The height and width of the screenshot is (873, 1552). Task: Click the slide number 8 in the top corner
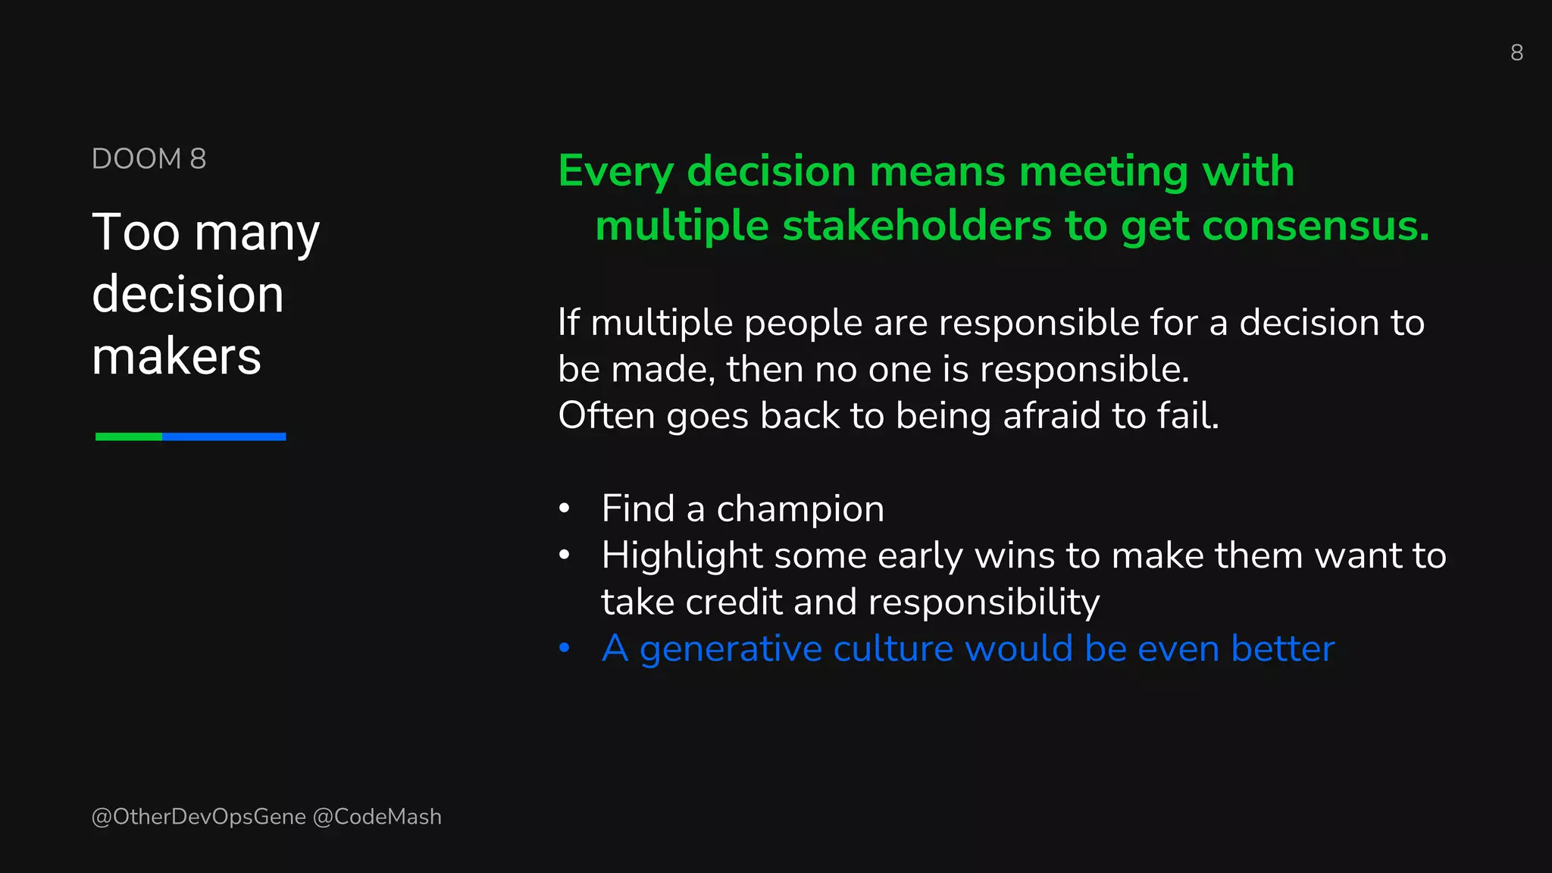[x=1516, y=52]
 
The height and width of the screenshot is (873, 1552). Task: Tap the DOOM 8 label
[x=149, y=159]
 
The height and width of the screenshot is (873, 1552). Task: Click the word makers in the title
[x=177, y=356]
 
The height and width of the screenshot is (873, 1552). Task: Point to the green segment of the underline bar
[x=128, y=436]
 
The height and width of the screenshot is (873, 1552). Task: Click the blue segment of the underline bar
[x=224, y=436]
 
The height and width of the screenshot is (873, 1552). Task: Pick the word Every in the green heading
[x=615, y=171]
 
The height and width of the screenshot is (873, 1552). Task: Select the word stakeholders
[x=917, y=226]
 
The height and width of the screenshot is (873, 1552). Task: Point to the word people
[x=803, y=324]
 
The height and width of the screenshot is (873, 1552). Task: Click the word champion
[x=800, y=509]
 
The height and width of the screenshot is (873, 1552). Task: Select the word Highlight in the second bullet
[x=681, y=556]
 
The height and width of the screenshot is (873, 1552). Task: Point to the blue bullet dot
[x=564, y=648]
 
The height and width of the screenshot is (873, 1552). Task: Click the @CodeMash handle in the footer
[x=377, y=817]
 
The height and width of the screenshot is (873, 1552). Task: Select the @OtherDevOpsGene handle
[x=199, y=817]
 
